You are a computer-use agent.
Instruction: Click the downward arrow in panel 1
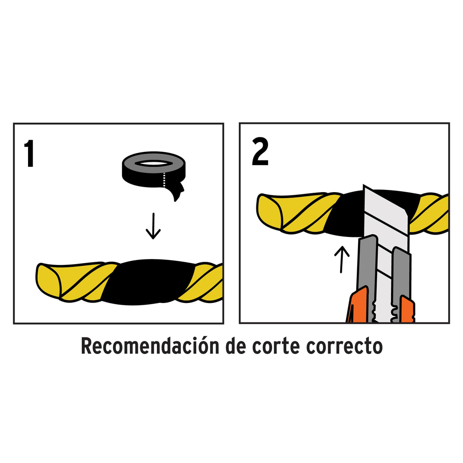(x=153, y=226)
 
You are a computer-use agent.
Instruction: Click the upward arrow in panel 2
(x=342, y=259)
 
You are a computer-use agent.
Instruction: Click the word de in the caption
(x=234, y=347)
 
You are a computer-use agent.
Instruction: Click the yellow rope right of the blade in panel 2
(x=430, y=213)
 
